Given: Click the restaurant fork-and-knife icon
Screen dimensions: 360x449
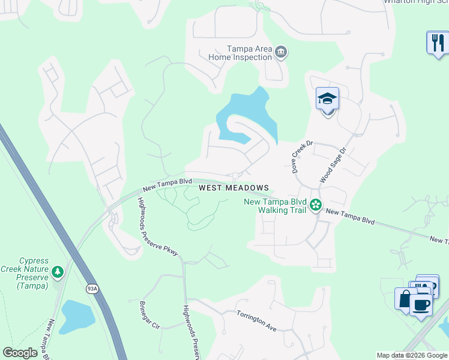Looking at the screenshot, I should tap(437, 43).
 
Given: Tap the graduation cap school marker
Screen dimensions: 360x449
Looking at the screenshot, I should tap(328, 98).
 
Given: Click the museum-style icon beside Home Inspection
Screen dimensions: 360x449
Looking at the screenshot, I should tap(280, 53).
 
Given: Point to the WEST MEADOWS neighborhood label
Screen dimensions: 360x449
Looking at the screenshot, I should tap(234, 188).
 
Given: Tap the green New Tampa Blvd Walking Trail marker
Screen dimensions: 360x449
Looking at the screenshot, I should tap(316, 206).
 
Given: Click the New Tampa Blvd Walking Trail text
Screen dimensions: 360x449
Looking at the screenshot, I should tap(275, 206).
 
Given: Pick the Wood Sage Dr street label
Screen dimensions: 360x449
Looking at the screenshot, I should tap(334, 166).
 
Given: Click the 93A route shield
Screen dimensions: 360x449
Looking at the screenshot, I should tap(92, 289).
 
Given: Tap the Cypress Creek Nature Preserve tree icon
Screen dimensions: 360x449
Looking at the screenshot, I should tap(58, 272).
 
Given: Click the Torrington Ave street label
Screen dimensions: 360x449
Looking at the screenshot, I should tap(256, 320).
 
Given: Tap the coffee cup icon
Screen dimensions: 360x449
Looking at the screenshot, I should tap(421, 305).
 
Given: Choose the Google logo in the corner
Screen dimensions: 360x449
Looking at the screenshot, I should tap(20, 353).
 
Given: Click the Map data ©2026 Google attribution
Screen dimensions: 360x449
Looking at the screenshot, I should tap(412, 355).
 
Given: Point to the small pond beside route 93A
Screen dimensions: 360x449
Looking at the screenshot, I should tap(77, 316).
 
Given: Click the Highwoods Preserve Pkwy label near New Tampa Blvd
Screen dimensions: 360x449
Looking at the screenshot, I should tap(158, 227).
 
